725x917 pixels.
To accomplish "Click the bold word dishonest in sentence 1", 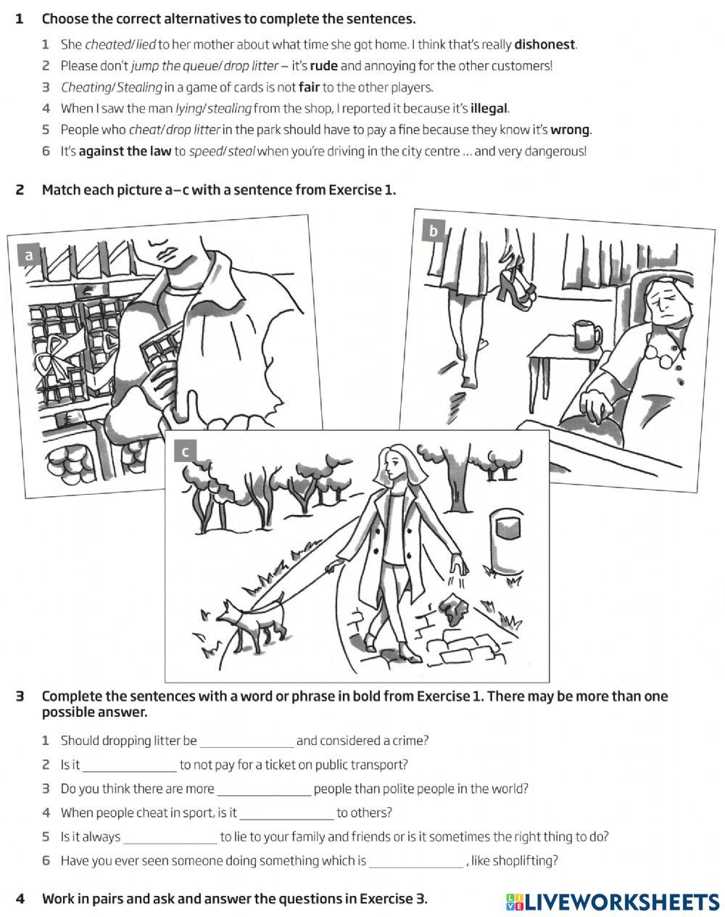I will (x=544, y=44).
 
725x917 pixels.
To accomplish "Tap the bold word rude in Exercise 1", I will (x=324, y=66).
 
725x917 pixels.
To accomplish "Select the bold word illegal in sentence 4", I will (x=489, y=109).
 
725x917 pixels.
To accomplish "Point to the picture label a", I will (x=29, y=255).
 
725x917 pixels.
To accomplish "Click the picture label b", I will (x=434, y=231).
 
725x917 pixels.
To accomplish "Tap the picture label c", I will (x=185, y=452).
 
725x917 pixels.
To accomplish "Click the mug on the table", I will (x=587, y=336).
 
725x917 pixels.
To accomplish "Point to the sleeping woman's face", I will (x=663, y=303).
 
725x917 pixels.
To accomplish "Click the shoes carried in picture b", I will (x=516, y=284).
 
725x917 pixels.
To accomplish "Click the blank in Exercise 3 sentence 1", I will (x=246, y=741).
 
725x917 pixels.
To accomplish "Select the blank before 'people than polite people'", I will (x=264, y=789).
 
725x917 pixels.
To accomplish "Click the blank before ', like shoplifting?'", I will (x=416, y=861).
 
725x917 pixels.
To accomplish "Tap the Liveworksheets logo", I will (x=613, y=901).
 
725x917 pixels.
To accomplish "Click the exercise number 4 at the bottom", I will (x=20, y=899).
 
